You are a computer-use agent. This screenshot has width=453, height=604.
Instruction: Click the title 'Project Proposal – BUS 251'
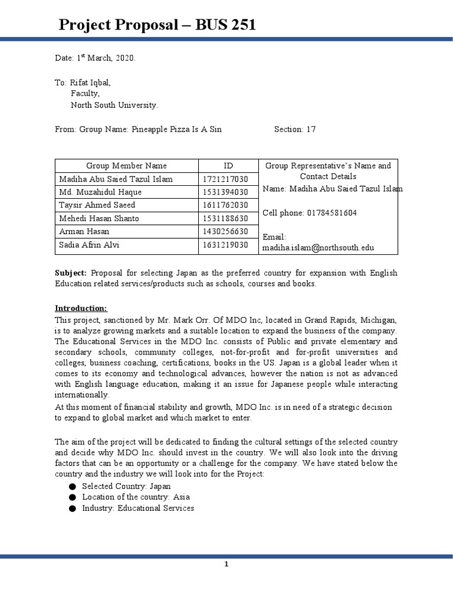coord(157,25)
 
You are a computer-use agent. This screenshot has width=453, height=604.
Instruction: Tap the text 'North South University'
coord(114,105)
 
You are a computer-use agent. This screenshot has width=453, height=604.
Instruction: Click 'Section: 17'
coord(295,129)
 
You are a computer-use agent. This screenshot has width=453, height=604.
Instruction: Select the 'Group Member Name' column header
coord(126,166)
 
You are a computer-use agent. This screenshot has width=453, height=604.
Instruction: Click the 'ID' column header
coord(228,166)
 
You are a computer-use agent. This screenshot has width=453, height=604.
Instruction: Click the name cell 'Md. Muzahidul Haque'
coord(100,192)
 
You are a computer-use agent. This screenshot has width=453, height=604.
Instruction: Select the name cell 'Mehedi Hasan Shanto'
coord(99,218)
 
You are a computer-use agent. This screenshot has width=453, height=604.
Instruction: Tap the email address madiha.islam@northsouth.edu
coord(319,248)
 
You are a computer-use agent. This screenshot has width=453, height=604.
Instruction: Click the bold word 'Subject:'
coord(71,273)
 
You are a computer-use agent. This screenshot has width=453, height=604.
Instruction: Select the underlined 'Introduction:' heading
coord(81,308)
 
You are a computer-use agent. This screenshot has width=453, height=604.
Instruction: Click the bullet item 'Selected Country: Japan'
coord(126,486)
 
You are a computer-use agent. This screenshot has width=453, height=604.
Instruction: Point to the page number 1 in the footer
coord(226,564)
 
